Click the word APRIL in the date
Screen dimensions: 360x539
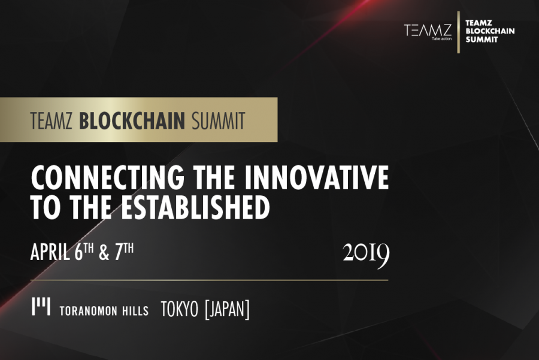point(50,253)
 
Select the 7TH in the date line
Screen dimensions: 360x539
point(124,252)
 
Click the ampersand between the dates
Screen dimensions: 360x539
point(104,253)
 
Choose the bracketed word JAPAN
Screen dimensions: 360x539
point(227,309)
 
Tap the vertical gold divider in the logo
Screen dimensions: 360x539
point(459,32)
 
